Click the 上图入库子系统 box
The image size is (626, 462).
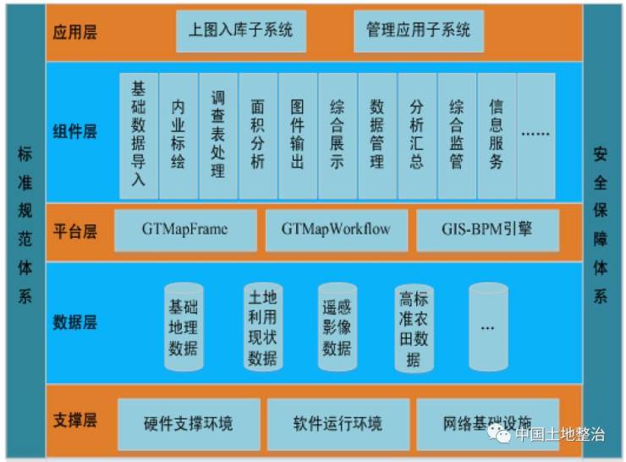click(x=240, y=30)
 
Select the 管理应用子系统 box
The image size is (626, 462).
click(x=418, y=30)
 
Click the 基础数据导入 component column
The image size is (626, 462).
click(x=139, y=134)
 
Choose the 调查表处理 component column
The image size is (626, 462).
click(x=218, y=134)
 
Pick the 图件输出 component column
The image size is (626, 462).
click(x=297, y=134)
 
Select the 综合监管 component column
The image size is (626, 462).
click(x=457, y=134)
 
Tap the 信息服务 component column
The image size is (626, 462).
click(x=497, y=134)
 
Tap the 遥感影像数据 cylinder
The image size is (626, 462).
click(x=337, y=327)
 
